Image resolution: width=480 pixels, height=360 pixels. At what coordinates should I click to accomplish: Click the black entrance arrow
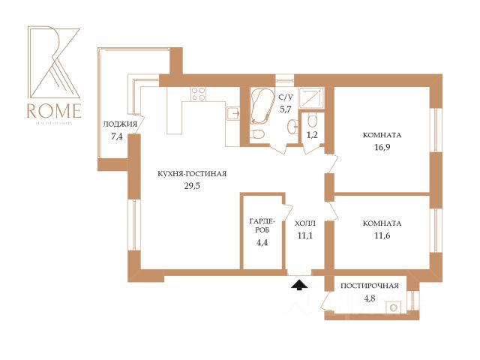tap(298, 283)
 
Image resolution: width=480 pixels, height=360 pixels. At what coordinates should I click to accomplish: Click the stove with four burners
tap(199, 94)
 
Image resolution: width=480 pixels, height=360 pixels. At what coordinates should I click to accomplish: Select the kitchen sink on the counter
tap(232, 114)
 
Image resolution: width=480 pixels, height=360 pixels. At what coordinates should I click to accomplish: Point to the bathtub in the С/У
tap(262, 106)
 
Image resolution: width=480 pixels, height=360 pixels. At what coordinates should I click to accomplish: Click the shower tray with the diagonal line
tap(310, 97)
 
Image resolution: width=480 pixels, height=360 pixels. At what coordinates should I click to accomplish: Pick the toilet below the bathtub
tap(258, 135)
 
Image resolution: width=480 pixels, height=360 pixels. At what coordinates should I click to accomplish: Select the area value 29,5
tap(192, 187)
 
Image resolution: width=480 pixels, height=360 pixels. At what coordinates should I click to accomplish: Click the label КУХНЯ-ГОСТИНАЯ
tap(192, 173)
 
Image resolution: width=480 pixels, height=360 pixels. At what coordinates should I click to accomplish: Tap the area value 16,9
tap(382, 148)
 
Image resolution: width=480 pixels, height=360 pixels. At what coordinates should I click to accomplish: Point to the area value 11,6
tap(382, 236)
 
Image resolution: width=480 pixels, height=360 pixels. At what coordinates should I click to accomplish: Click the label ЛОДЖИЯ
tap(121, 124)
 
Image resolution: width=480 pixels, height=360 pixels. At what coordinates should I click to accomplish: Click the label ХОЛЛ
tap(305, 223)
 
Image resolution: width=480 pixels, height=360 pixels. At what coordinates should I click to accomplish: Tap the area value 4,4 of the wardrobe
tap(262, 241)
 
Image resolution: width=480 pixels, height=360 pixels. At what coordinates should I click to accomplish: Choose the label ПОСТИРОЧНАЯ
tap(369, 286)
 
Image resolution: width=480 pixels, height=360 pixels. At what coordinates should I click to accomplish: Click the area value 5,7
tap(285, 109)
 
